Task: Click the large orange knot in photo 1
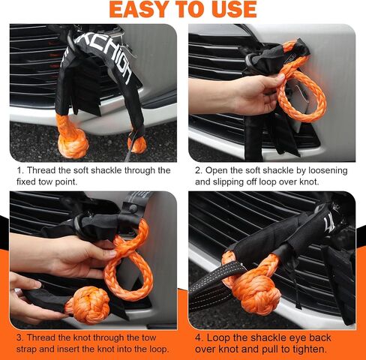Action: click(73, 144)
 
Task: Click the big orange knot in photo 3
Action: click(88, 305)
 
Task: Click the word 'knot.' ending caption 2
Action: click(309, 181)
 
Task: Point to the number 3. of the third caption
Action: click(20, 337)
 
